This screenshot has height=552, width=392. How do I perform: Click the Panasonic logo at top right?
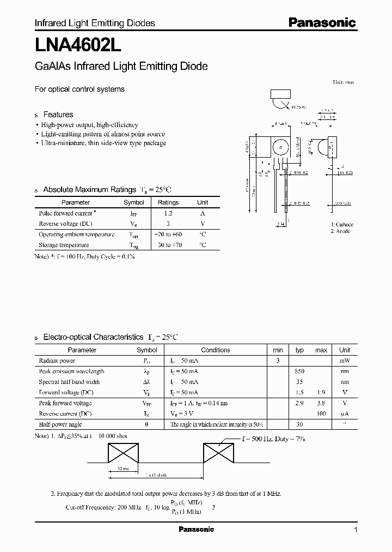322,23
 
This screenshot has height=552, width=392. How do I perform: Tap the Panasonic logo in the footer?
197,529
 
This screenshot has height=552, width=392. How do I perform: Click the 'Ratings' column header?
168,202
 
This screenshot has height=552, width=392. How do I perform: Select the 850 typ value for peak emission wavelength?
299,371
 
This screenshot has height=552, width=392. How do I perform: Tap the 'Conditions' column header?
216,350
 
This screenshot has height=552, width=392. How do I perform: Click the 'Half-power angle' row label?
59,424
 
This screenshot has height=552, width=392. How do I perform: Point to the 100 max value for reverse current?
321,414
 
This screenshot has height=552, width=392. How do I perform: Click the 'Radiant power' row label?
57,361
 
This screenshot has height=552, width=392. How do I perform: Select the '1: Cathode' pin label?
342,224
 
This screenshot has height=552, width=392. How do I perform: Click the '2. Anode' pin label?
340,231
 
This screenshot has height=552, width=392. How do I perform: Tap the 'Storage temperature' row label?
64,245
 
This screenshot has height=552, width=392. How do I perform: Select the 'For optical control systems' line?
79,89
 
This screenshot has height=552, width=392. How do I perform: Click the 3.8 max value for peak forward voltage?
321,403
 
